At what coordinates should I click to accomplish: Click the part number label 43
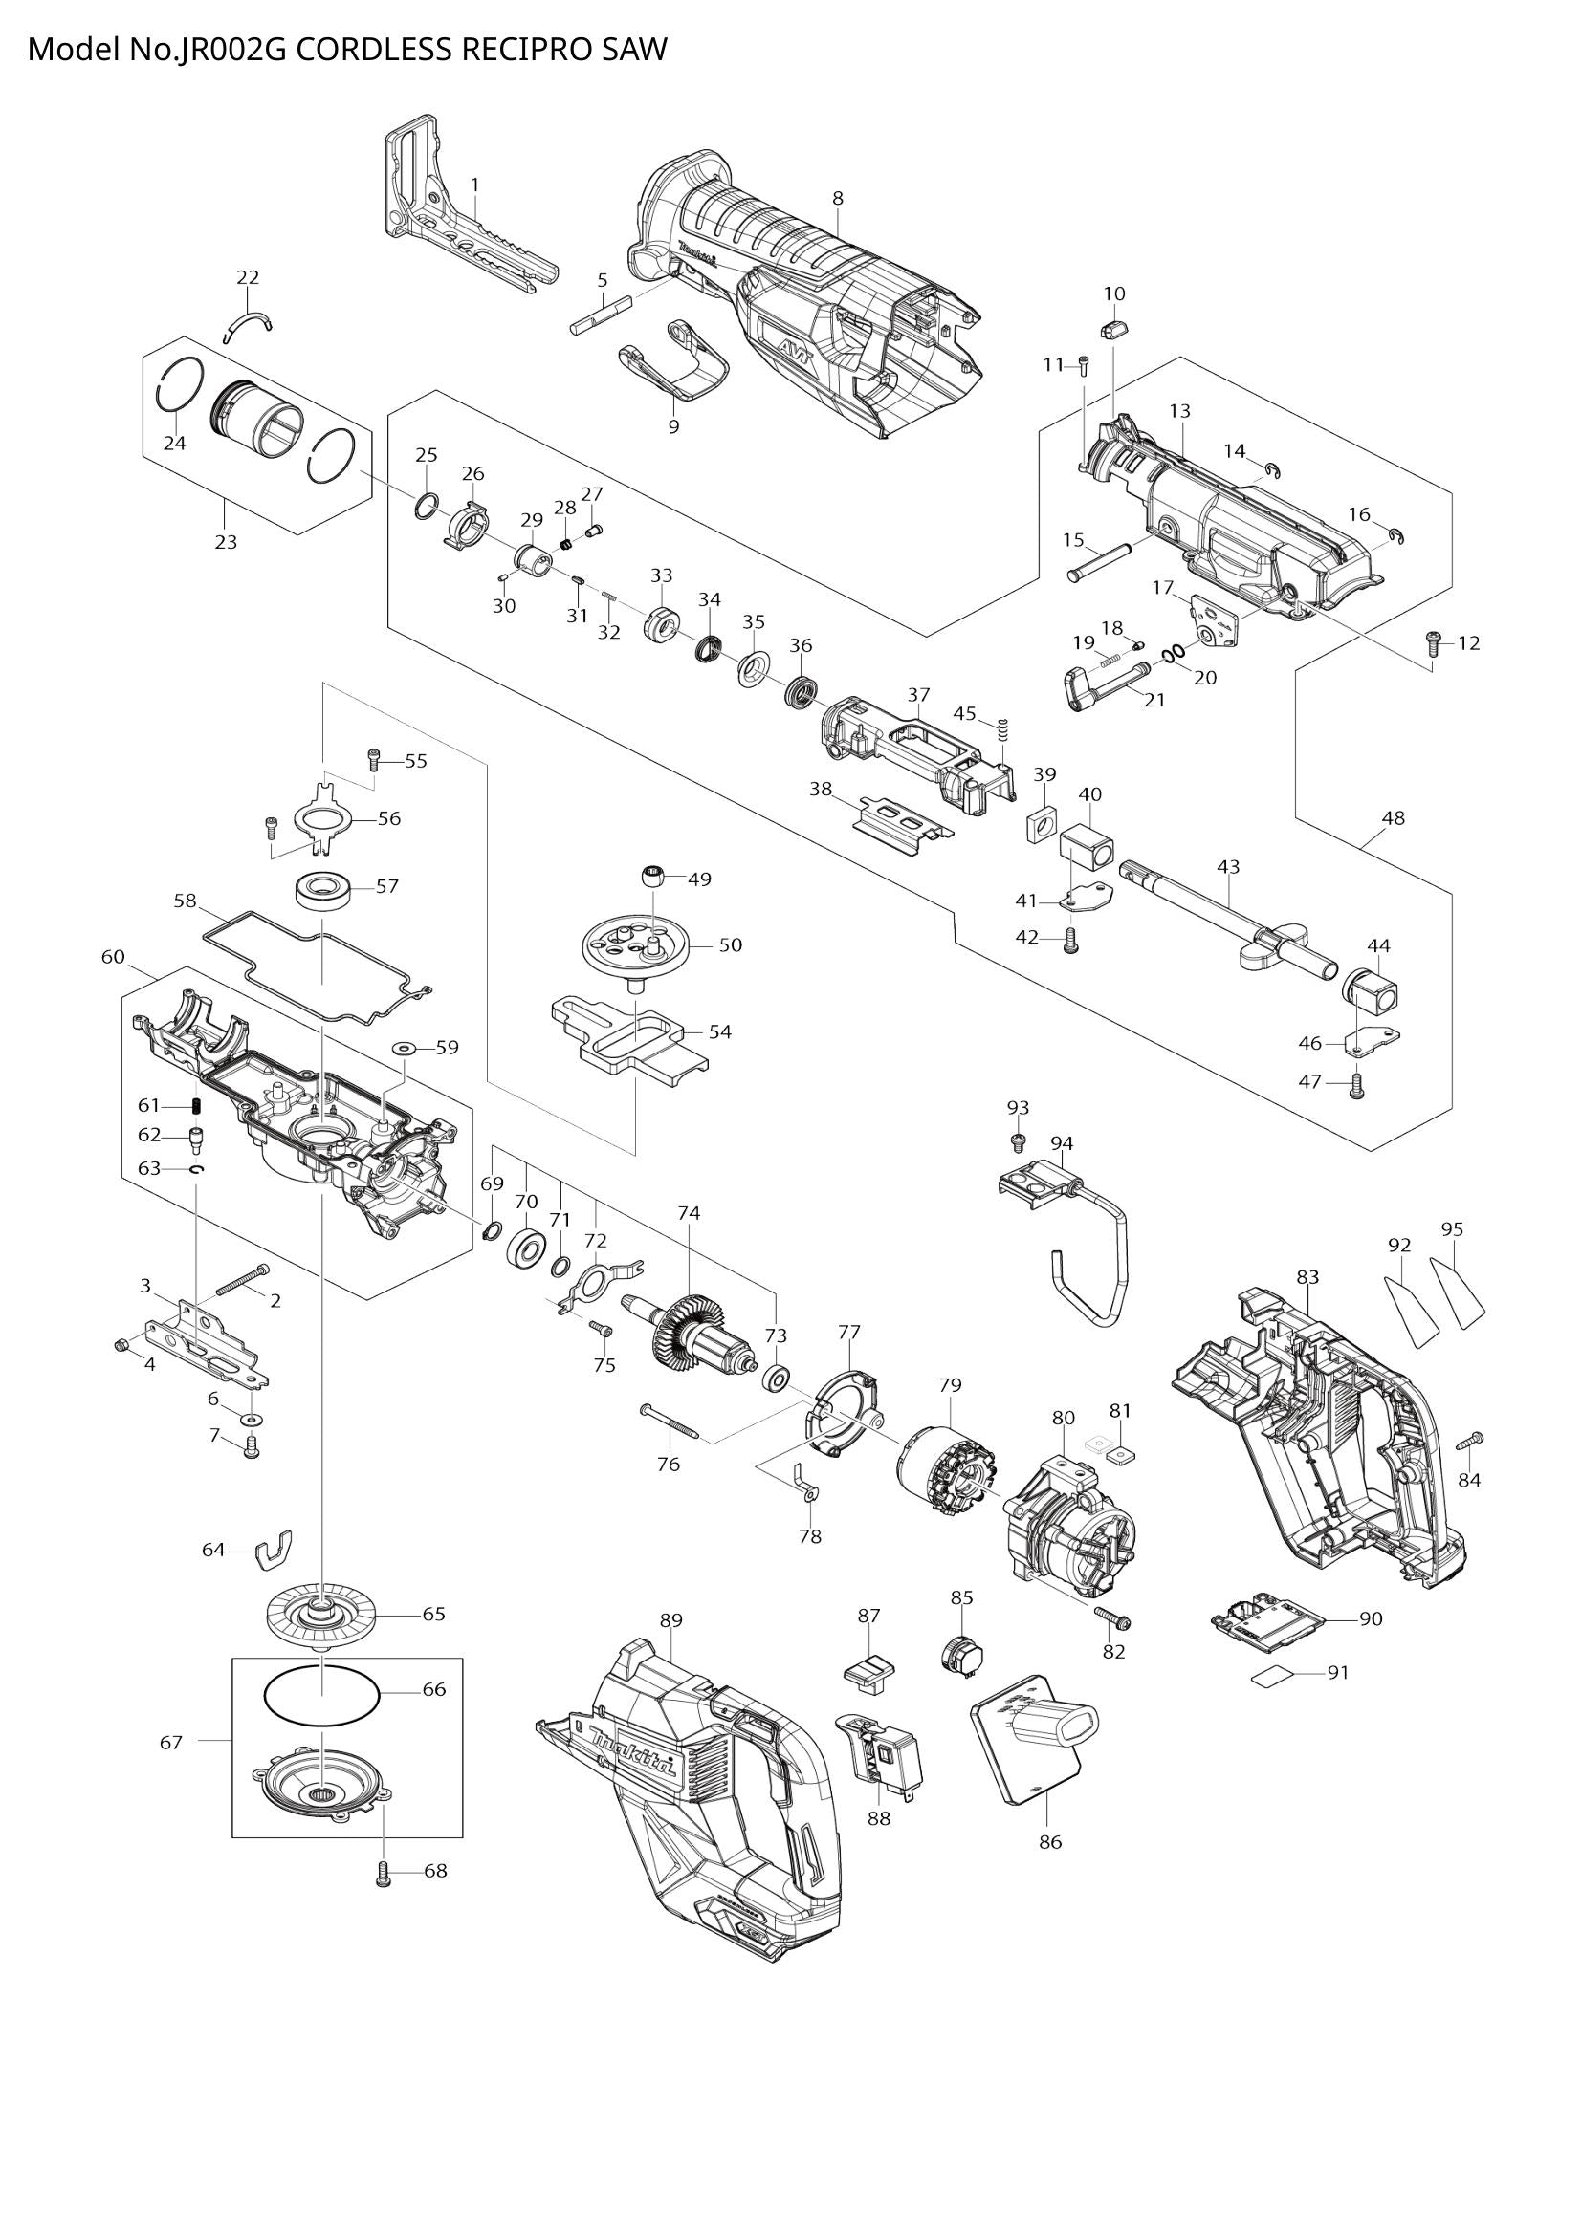(x=1228, y=866)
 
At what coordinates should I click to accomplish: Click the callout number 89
(x=670, y=1619)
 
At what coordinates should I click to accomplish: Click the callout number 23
(x=226, y=541)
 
